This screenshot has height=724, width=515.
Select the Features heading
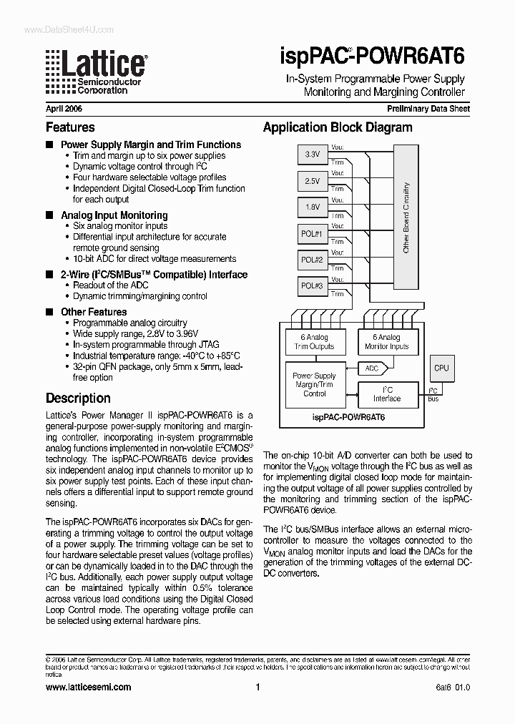[70, 127]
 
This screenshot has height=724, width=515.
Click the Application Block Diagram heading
[338, 127]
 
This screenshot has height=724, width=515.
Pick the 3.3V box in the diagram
[313, 155]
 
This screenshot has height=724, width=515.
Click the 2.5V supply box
[313, 181]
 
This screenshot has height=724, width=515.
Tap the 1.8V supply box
[313, 207]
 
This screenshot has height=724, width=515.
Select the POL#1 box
[313, 234]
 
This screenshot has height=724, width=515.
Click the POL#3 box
[313, 286]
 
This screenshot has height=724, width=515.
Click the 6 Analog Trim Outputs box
[314, 342]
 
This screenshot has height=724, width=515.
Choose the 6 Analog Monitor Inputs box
[386, 342]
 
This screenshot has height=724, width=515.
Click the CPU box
[441, 368]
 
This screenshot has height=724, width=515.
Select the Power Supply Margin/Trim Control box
[314, 384]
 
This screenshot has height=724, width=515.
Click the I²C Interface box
[386, 394]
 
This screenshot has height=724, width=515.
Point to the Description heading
[78, 398]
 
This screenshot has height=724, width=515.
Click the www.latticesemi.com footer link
[88, 687]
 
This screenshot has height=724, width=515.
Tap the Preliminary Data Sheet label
[428, 109]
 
